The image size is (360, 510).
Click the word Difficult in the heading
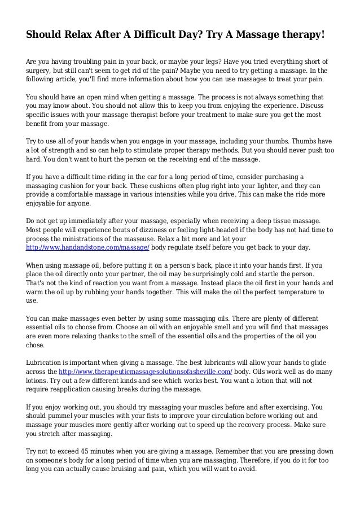tap(142, 35)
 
